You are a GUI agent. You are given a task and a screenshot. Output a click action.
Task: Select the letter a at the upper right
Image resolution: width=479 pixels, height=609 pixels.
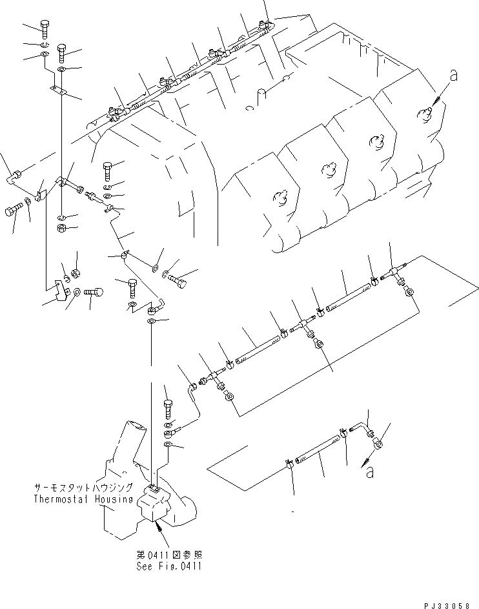[x=453, y=76]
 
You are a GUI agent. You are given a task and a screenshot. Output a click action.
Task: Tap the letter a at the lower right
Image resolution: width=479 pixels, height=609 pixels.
[x=370, y=473]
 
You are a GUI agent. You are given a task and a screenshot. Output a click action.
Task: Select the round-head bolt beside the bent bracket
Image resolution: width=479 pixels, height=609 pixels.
[x=94, y=293]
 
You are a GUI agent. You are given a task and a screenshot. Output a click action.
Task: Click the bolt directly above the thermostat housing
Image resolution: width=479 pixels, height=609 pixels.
[x=168, y=409]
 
